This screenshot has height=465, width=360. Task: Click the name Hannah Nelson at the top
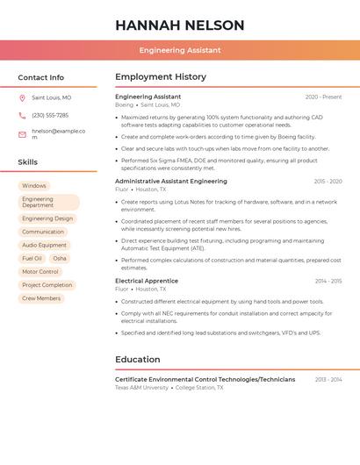pyautogui.click(x=179, y=25)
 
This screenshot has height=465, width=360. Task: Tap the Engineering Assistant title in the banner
pyautogui.click(x=179, y=50)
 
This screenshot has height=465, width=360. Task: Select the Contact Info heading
pyautogui.click(x=41, y=77)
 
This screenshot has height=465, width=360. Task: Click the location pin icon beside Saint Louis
pyautogui.click(x=22, y=97)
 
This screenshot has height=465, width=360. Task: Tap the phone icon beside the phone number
pyautogui.click(x=22, y=115)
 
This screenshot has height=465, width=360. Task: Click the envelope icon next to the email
pyautogui.click(x=22, y=134)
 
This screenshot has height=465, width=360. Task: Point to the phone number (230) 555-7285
pyautogui.click(x=50, y=115)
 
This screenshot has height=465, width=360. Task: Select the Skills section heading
pyautogui.click(x=28, y=162)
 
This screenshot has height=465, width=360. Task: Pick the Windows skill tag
pyautogui.click(x=34, y=186)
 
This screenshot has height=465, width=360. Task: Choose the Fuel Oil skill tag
pyautogui.click(x=32, y=259)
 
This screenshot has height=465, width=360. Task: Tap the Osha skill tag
pyautogui.click(x=60, y=259)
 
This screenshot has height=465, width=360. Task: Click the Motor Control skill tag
pyautogui.click(x=40, y=272)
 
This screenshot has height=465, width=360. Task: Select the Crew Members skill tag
pyautogui.click(x=41, y=298)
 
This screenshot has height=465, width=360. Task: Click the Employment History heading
pyautogui.click(x=161, y=77)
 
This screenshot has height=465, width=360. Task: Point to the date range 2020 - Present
pyautogui.click(x=323, y=97)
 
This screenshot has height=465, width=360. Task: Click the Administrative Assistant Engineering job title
pyautogui.click(x=171, y=181)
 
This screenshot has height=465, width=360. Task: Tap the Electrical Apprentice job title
pyautogui.click(x=147, y=281)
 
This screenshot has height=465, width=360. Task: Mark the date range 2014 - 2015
pyautogui.click(x=328, y=281)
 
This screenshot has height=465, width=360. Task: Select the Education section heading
pyautogui.click(x=138, y=360)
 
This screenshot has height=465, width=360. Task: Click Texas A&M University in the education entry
pyautogui.click(x=141, y=387)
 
